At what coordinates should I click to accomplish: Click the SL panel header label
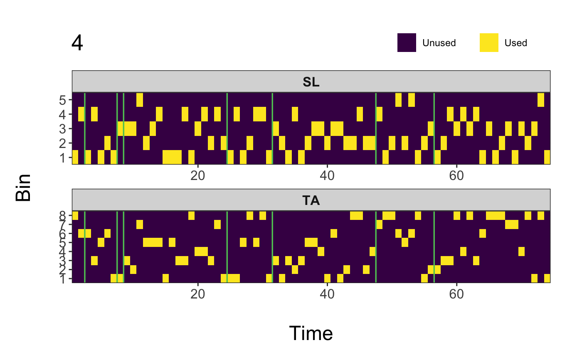click(311, 82)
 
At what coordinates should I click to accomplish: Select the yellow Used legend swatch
click(489, 43)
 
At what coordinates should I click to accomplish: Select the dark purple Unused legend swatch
click(407, 43)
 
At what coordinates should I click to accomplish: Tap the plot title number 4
click(77, 43)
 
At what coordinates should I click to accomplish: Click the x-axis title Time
click(311, 333)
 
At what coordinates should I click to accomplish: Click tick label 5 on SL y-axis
click(63, 100)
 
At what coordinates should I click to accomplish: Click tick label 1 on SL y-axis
click(63, 158)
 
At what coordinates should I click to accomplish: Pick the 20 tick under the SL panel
click(198, 174)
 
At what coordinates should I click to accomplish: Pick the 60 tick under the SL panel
click(456, 174)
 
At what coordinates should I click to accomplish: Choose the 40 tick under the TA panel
click(327, 292)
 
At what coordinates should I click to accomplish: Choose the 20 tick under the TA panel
click(198, 292)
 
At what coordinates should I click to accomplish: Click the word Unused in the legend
click(439, 43)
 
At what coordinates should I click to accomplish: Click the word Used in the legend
click(515, 43)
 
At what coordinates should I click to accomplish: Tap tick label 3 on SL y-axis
click(63, 129)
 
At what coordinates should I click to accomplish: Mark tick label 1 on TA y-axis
click(63, 279)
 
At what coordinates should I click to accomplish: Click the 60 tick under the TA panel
click(456, 292)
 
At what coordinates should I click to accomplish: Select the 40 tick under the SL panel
click(327, 174)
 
